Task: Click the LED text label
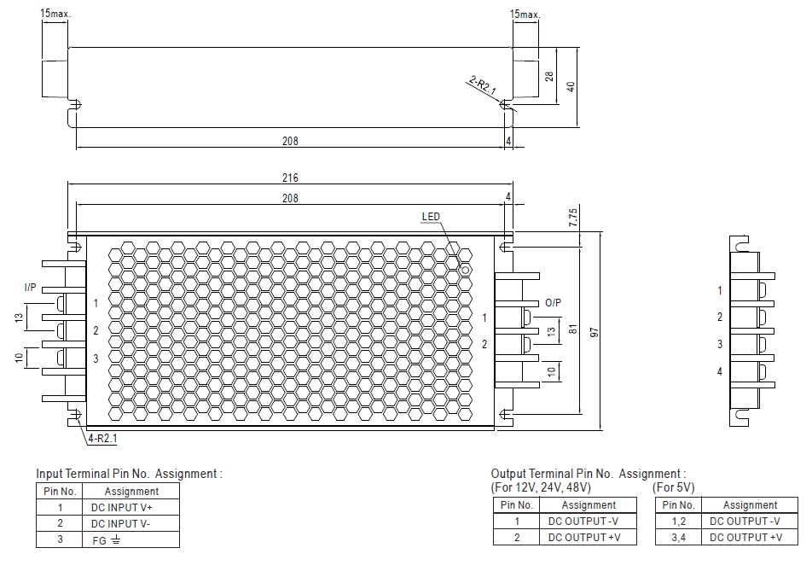431,217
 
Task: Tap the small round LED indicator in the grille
466,270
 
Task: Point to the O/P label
553,303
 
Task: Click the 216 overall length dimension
290,178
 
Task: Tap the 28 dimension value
549,76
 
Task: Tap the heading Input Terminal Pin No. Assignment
129,474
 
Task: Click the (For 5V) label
674,487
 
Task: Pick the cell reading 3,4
678,537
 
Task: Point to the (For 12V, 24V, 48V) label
541,487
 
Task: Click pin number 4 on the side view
720,371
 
